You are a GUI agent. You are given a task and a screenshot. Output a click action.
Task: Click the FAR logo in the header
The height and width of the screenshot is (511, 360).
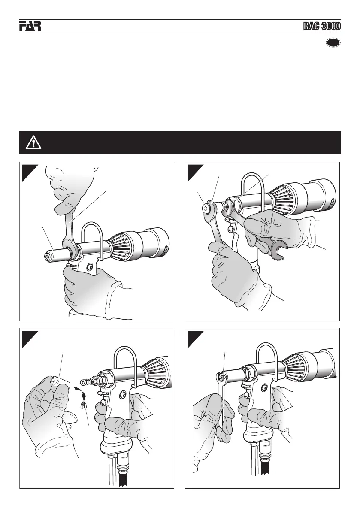point(30,26)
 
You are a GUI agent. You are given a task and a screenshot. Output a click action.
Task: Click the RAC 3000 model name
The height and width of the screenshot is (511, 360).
point(322,26)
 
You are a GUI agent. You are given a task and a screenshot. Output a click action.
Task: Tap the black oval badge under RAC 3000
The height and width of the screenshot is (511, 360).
point(333,43)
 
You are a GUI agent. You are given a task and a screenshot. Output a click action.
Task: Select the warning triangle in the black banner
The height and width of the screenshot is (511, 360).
point(33,143)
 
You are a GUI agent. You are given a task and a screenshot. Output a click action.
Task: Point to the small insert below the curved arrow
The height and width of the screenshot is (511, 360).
point(84,405)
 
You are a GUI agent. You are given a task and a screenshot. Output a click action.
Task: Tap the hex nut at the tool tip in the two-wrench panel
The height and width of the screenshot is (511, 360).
point(206,207)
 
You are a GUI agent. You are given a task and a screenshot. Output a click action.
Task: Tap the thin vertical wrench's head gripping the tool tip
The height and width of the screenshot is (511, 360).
point(221,378)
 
